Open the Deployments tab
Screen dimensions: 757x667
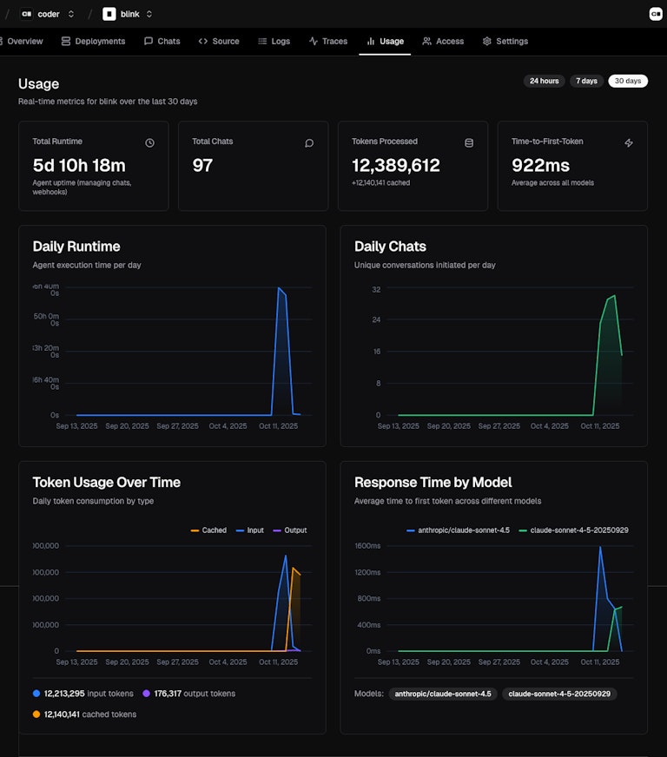click(93, 41)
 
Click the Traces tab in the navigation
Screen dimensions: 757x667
click(328, 41)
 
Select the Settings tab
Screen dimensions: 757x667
click(505, 41)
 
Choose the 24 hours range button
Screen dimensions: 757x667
click(543, 81)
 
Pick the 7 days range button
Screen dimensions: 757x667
click(587, 81)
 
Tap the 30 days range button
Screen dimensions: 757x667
click(627, 81)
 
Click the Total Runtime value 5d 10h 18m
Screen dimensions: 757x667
click(79, 165)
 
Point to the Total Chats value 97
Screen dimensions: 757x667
click(202, 165)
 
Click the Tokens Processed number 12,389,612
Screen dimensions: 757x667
click(395, 165)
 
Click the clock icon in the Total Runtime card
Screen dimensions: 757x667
click(149, 142)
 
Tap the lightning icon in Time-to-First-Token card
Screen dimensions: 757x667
click(629, 142)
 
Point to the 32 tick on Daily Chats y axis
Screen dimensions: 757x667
click(377, 288)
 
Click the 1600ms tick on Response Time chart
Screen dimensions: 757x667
click(368, 545)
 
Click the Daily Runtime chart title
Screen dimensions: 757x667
click(76, 247)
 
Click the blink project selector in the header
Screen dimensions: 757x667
click(128, 14)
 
